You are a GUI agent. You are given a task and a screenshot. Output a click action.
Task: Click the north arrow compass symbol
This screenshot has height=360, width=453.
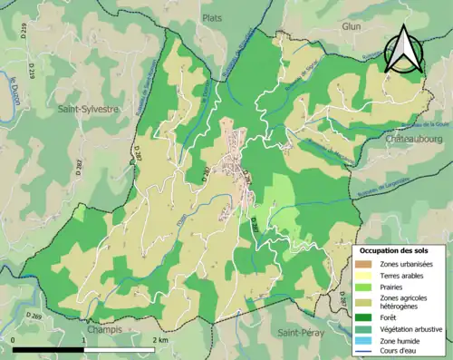(403, 49)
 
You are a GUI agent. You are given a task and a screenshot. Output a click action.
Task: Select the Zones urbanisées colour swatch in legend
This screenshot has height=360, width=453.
(363, 262)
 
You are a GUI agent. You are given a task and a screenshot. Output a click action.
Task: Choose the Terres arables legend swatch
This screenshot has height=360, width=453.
(363, 275)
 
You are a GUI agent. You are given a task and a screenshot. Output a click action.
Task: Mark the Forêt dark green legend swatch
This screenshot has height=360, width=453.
(363, 316)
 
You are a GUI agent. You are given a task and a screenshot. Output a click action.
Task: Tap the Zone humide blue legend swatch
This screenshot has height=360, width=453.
(363, 341)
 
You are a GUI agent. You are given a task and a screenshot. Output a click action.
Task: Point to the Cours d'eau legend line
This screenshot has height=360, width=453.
(363, 353)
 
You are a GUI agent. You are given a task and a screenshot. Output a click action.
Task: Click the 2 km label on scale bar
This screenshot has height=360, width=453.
(159, 339)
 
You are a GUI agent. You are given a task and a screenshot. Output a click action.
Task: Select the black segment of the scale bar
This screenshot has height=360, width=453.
(49, 349)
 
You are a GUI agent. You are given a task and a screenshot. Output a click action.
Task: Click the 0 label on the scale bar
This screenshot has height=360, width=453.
(14, 339)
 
